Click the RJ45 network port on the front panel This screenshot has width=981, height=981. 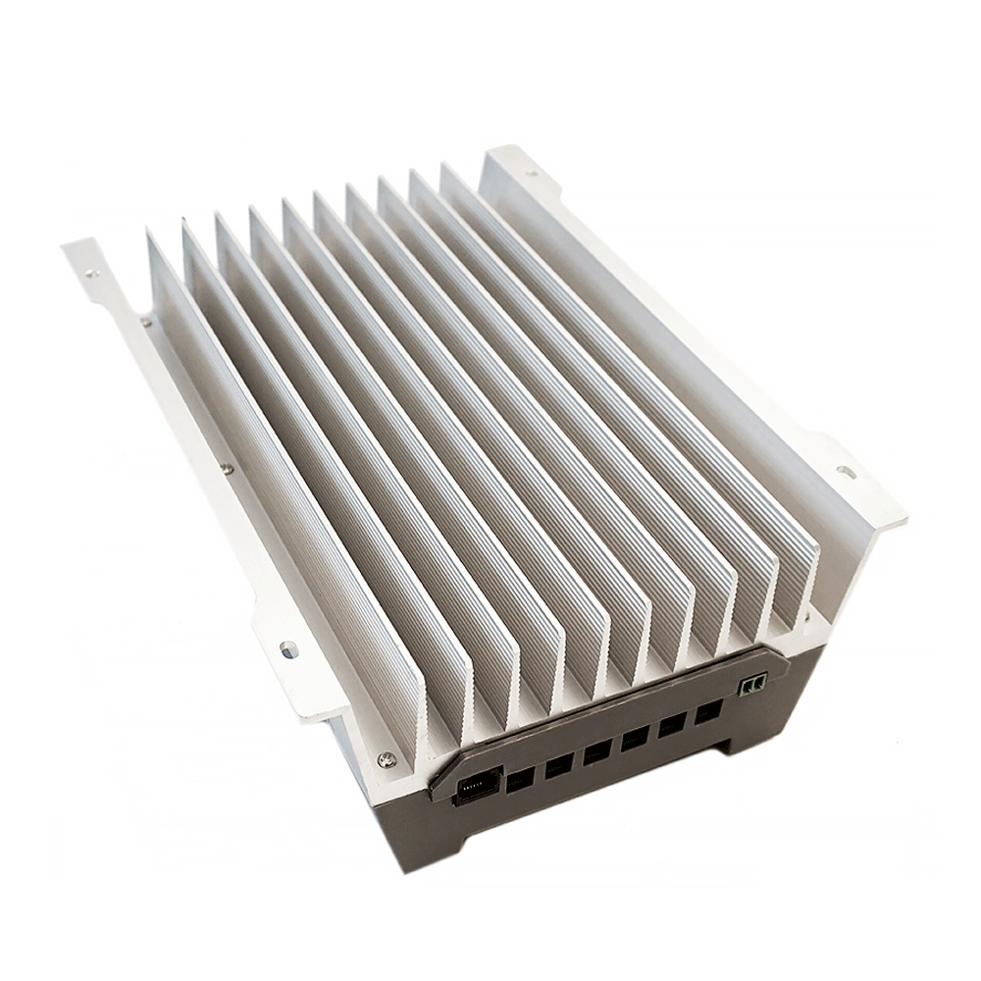pos(472,788)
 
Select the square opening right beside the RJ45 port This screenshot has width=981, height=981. pos(518,779)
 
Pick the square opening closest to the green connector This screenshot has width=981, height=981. pos(708,712)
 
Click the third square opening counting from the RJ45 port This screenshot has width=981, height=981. pos(596,752)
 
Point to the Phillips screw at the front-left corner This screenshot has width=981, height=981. pos(387,759)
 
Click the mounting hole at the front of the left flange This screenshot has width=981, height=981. pos(287,648)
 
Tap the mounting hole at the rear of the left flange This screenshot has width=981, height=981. pos(90,274)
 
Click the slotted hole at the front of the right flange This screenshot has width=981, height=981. pos(846,472)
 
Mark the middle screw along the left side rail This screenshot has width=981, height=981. pos(227,469)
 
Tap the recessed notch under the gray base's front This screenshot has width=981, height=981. pos(598,814)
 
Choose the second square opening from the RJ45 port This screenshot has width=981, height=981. pos(558,766)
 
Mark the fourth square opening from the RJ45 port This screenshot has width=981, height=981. pos(634,739)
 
